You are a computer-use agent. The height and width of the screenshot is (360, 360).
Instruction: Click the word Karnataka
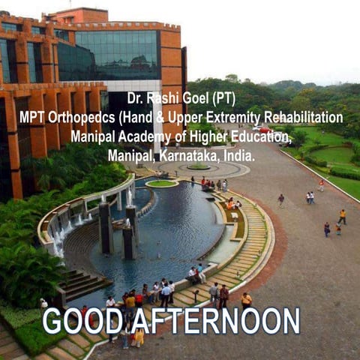185,156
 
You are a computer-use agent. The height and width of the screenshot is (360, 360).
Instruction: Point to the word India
238,156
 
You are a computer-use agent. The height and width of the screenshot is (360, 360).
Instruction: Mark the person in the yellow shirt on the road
342,216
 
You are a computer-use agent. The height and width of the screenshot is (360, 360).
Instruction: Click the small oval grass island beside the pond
161,183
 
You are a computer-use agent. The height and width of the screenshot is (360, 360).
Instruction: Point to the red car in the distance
263,129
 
